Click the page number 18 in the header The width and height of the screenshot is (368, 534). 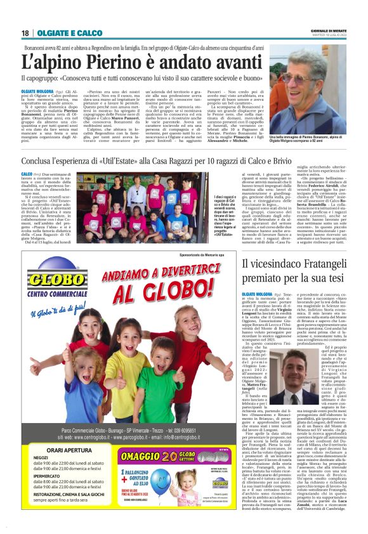(x=25, y=32)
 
